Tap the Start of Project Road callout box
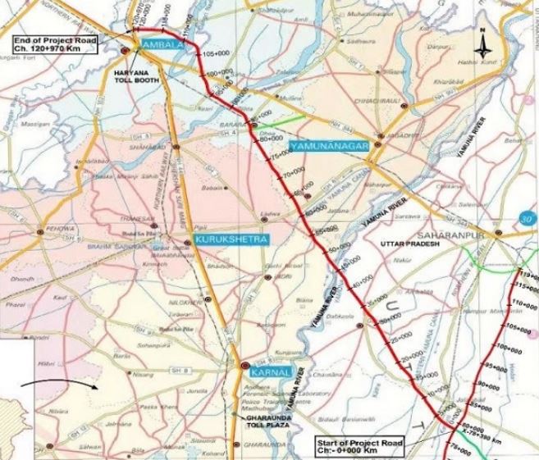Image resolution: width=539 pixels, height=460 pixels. tap(364, 446)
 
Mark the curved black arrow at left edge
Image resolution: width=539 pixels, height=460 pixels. tap(62, 384)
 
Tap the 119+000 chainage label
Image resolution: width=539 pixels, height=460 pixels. tap(527, 276)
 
